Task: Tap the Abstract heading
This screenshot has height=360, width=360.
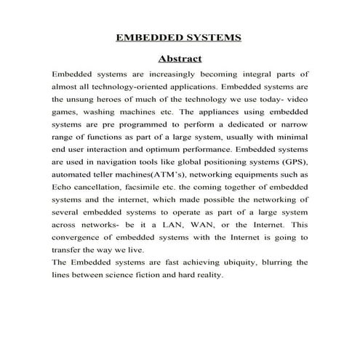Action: (x=180, y=58)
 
